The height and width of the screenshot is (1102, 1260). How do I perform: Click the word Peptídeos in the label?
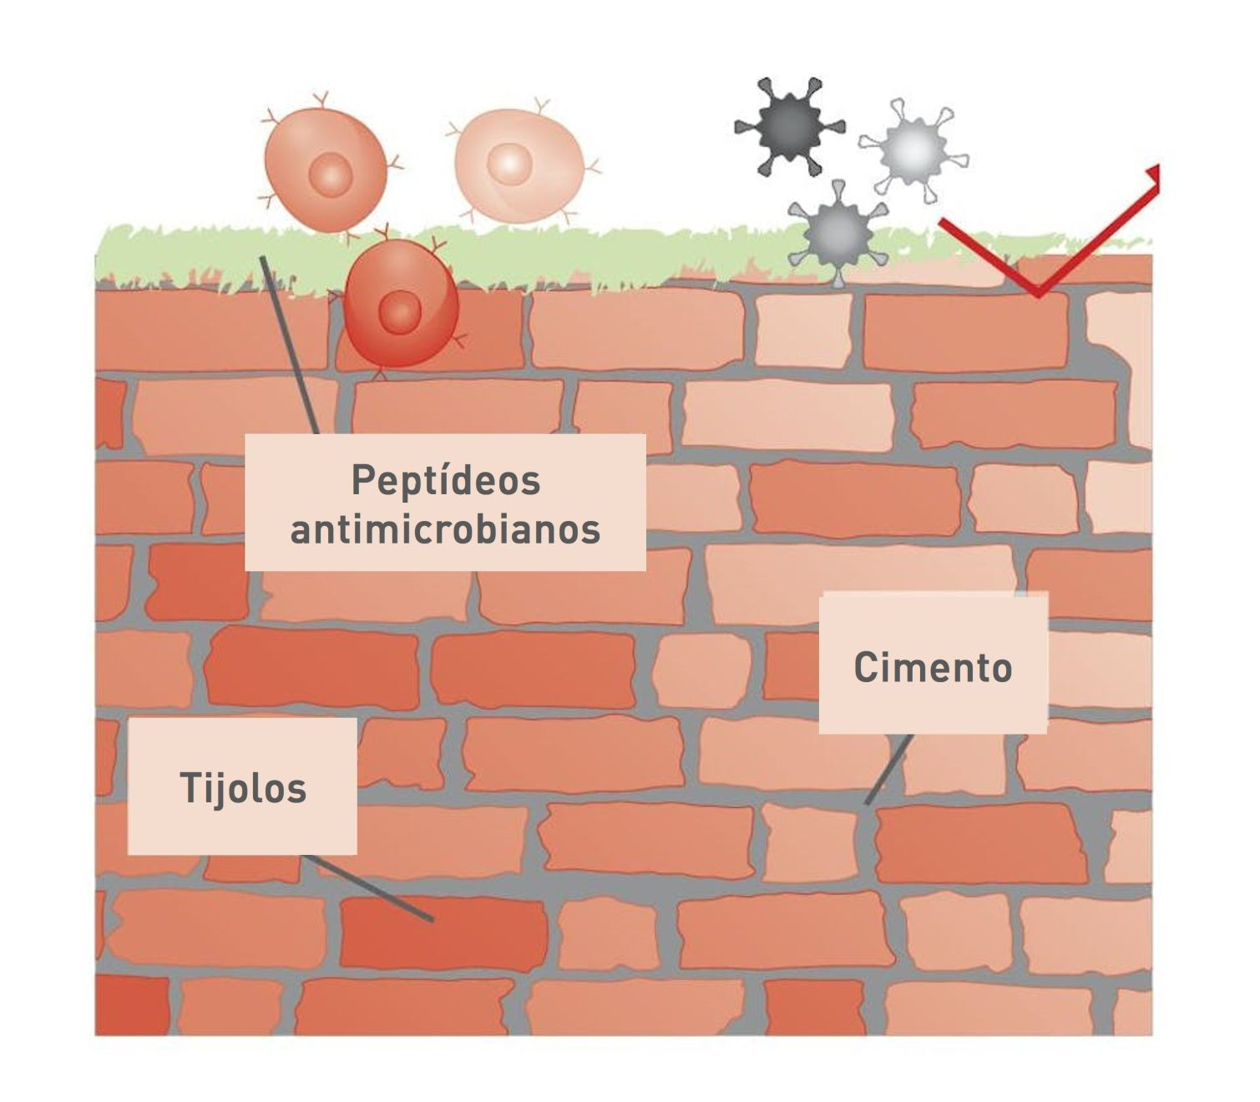(445, 480)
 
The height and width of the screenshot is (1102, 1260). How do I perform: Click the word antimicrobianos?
(445, 529)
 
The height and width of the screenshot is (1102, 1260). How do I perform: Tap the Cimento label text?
(933, 668)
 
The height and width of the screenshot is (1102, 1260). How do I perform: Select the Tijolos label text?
(243, 788)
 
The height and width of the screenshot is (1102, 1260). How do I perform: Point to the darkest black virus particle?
(789, 126)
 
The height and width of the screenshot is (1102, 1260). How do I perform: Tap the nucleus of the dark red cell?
(400, 313)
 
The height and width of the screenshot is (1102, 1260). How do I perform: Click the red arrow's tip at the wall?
(1036, 293)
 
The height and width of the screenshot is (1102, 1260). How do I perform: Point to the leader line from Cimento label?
(888, 770)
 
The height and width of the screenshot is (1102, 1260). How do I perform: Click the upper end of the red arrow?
(1156, 172)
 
